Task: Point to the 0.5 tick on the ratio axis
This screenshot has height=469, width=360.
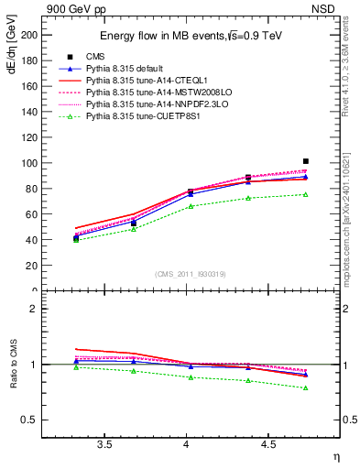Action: coord(30,420)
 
